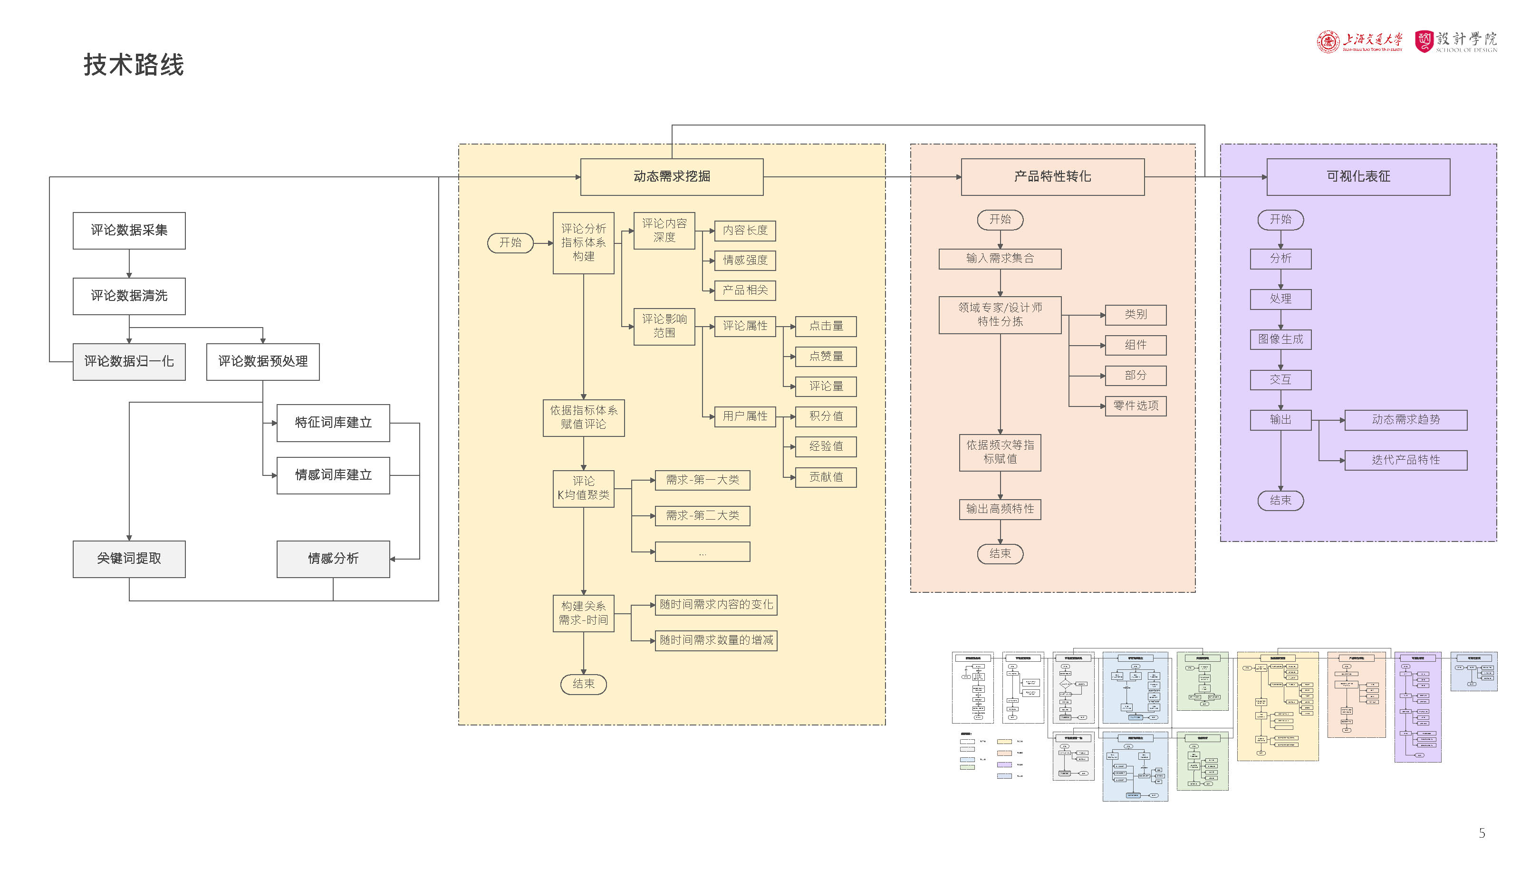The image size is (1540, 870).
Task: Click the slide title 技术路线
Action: [133, 65]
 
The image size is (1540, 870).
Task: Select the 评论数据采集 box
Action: [129, 231]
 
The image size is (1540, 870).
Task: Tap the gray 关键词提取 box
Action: [129, 559]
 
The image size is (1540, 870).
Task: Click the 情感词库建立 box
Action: [333, 475]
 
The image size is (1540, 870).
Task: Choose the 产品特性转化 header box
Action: [1052, 177]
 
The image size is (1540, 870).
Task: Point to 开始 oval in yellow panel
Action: [510, 243]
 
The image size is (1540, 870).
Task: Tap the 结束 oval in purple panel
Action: [1280, 501]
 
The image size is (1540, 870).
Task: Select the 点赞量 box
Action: [826, 357]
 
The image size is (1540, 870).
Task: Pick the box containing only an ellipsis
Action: [703, 552]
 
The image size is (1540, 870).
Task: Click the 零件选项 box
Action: [1135, 406]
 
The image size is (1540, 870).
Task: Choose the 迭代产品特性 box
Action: [1405, 460]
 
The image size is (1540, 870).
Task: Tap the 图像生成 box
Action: [1280, 339]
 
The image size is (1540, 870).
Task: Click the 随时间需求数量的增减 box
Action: [716, 640]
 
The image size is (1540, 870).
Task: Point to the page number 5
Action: [1482, 833]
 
